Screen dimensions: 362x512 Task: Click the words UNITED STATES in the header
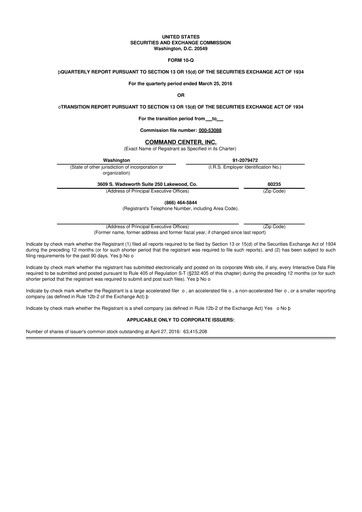click(180, 34)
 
